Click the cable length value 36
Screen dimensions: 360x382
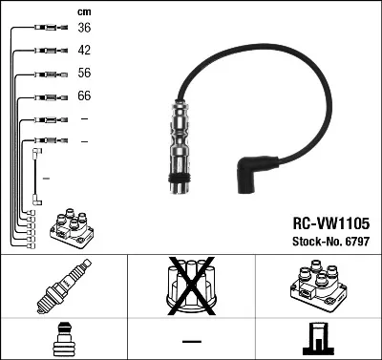84,28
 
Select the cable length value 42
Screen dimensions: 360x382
84,51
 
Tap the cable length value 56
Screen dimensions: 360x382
84,74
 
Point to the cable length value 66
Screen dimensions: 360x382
84,96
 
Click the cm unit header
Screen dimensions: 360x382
83,11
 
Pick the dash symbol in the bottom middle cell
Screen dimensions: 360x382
191,340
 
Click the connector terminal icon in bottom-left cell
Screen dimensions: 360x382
63,338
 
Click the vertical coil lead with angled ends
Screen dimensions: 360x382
36,174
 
